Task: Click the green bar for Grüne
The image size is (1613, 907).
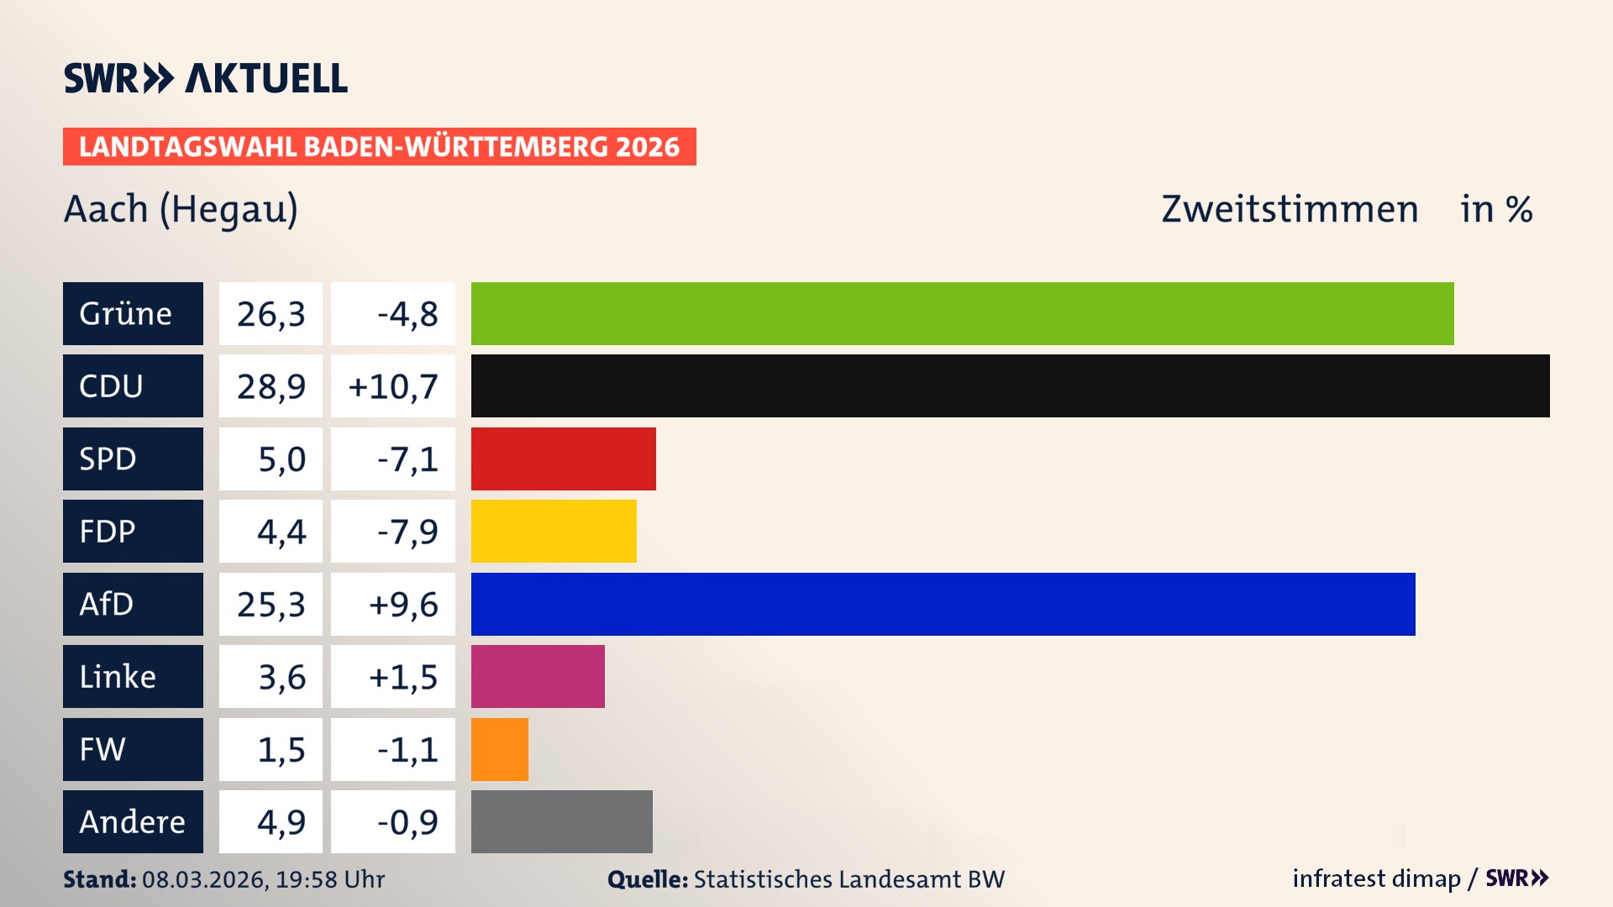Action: pos(962,313)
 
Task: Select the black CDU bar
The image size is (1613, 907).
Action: pos(1010,385)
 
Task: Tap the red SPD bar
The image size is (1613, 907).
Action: pos(563,459)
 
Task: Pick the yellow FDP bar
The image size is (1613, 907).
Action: pos(554,531)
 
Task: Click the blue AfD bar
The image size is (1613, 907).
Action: pos(943,604)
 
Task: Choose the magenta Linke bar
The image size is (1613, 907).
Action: pos(538,676)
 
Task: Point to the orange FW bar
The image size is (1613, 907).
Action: pos(500,749)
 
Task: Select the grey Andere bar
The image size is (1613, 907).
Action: pos(561,821)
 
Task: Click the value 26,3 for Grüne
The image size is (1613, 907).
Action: pos(271,313)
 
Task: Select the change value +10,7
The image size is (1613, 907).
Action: pos(392,385)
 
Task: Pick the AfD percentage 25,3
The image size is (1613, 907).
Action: pos(271,604)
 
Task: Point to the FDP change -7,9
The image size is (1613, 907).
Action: pos(407,531)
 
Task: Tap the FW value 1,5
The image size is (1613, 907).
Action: pos(281,749)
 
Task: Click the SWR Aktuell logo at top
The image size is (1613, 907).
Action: pos(205,78)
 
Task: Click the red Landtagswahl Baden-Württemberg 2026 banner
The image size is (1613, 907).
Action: pos(379,146)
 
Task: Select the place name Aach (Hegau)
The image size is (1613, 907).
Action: pos(181,209)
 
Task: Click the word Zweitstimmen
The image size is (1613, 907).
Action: pos(1290,209)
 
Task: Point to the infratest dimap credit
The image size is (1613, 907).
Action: pos(1376,878)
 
